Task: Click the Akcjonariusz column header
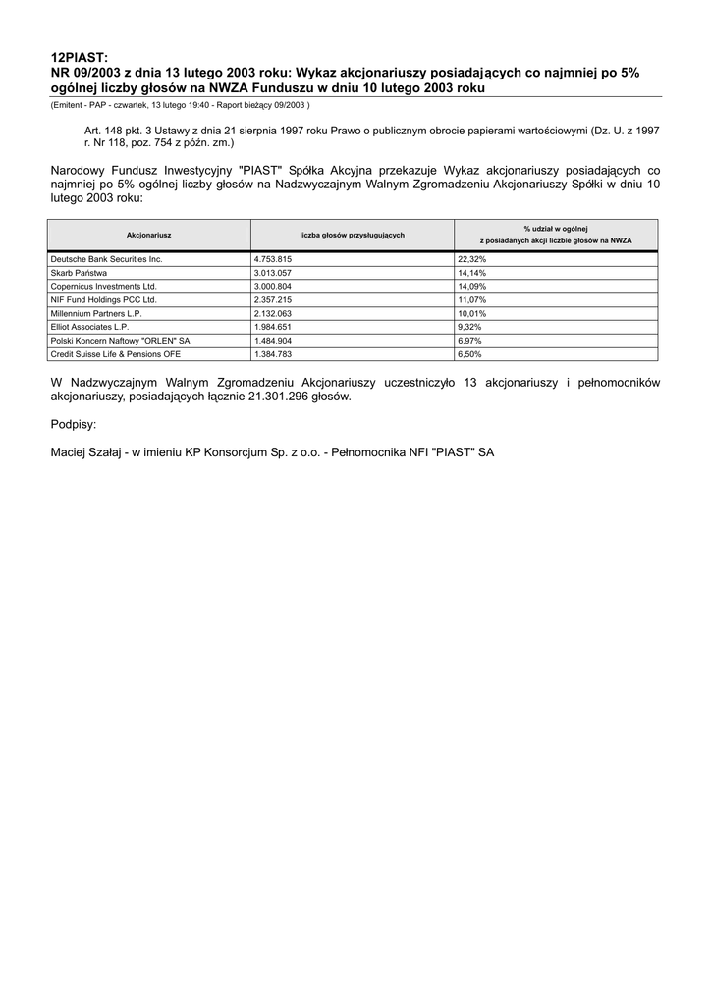pos(149,235)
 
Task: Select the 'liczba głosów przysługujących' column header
pos(352,235)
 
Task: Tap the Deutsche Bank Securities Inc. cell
pos(106,259)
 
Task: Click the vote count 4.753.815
pos(273,259)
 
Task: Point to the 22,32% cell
pos(472,259)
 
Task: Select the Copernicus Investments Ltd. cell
pos(103,287)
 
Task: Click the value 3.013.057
pos(273,273)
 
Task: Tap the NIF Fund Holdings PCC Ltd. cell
pos(103,299)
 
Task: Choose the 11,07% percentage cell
pos(472,299)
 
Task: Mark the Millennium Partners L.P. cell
pos(96,313)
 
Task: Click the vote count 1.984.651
pos(273,327)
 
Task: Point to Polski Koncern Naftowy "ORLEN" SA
pos(120,340)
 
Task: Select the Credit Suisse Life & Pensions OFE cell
pos(116,353)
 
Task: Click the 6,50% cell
pos(469,353)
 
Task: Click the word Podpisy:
pos(74,425)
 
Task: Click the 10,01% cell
pos(472,313)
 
